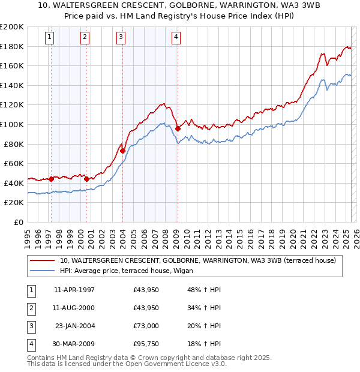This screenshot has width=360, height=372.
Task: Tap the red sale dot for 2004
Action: [x=122, y=151]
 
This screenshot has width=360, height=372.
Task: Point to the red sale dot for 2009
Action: [x=178, y=128]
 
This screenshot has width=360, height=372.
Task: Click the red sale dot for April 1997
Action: [x=51, y=179]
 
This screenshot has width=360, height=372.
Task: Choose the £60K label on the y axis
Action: [x=14, y=163]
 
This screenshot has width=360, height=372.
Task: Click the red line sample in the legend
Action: [x=42, y=260]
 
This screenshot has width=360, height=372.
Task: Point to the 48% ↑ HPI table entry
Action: [x=204, y=290]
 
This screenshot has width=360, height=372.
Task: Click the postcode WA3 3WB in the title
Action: [x=244, y=7]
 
